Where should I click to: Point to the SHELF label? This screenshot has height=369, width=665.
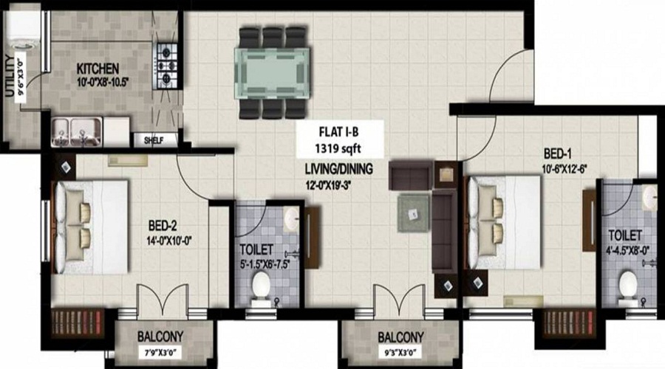pyautogui.click(x=154, y=139)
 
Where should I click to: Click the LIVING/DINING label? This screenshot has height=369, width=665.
pyautogui.click(x=338, y=169)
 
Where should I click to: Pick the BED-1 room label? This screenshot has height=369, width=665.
pyautogui.click(x=558, y=154)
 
